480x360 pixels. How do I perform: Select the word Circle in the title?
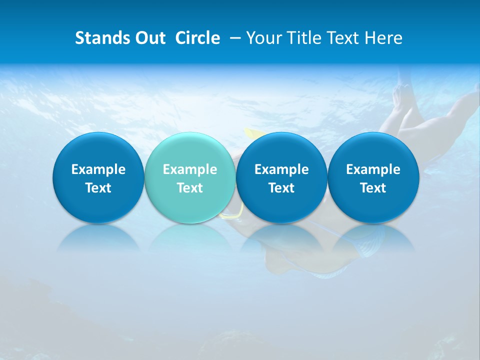(197, 38)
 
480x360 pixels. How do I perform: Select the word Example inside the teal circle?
(190, 169)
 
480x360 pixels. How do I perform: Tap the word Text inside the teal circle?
(190, 188)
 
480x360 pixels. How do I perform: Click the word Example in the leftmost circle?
(98, 169)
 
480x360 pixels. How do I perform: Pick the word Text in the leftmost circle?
(98, 188)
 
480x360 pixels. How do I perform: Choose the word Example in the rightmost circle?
(373, 169)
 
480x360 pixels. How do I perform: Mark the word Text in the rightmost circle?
(373, 188)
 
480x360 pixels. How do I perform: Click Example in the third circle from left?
(281, 169)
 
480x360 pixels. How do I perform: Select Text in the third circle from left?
(281, 188)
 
